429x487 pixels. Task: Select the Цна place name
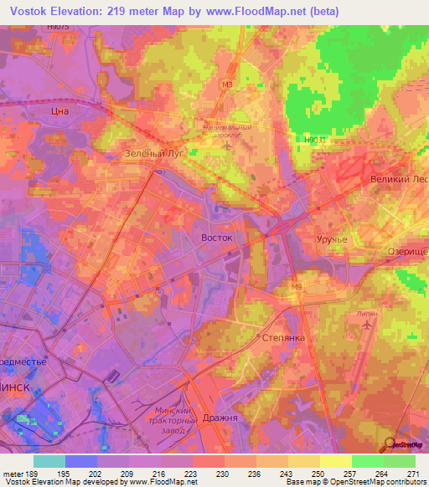pyautogui.click(x=59, y=110)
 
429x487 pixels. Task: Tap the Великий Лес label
pyautogui.click(x=400, y=180)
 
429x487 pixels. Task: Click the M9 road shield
pyautogui.click(x=296, y=289)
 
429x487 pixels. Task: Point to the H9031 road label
pyautogui.click(x=313, y=140)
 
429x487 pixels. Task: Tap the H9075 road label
pyautogui.click(x=59, y=28)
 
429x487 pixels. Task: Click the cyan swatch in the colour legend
pyautogui.click(x=49, y=461)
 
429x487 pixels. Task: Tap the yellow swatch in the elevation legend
pyautogui.click(x=336, y=461)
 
